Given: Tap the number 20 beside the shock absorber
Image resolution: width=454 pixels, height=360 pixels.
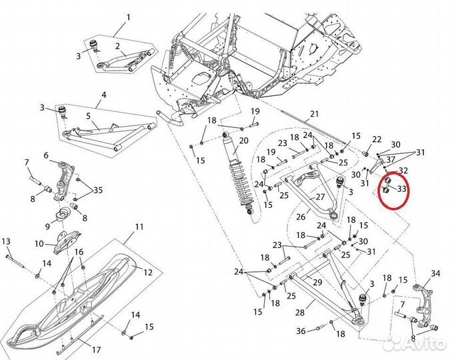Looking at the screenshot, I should click(x=243, y=140).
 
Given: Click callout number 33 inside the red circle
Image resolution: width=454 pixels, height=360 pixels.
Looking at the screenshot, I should click(x=401, y=189).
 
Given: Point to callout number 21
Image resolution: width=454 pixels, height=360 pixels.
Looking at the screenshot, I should click(x=315, y=114).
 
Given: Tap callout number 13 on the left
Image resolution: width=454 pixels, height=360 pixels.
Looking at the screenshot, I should click(x=6, y=241).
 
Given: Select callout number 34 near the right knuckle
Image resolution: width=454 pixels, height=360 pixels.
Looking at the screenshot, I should click(x=436, y=273).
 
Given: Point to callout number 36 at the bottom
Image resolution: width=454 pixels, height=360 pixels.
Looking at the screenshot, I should click(x=301, y=331).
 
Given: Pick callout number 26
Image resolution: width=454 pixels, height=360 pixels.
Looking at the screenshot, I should click(x=300, y=216).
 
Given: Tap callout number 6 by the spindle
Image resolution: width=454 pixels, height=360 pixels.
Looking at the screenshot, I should click(x=46, y=155).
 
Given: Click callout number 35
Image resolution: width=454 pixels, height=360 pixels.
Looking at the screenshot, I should click(x=99, y=189).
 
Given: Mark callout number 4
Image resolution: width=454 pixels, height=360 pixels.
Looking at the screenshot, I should click(x=103, y=104).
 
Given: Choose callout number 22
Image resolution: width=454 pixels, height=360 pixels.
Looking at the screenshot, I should click(x=377, y=139).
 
